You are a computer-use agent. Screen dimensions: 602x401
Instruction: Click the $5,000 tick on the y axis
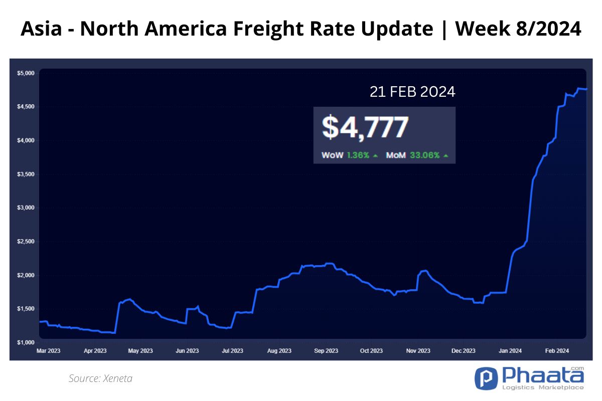coord(26,73)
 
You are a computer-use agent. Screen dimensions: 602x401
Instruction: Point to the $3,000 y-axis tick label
coord(26,208)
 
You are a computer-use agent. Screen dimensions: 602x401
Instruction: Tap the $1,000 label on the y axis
coord(26,342)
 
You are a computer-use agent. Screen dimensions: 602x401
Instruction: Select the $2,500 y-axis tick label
coord(26,242)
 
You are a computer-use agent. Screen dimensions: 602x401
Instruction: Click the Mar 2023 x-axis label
coord(48,351)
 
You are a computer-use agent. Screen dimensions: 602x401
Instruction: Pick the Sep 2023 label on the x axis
coord(326,351)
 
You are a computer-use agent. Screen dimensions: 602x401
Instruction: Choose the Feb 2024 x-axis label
coord(557,351)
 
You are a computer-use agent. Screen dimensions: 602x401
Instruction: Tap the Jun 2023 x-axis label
coord(187,351)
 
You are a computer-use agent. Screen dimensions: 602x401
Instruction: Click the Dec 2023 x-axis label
coord(464,351)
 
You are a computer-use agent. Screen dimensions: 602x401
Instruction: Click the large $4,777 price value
coord(365,127)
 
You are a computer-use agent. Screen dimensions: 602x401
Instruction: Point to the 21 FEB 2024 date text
coord(412,92)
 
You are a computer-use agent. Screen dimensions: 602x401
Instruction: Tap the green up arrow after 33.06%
coord(446,155)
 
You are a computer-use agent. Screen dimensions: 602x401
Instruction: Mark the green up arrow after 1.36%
coord(375,155)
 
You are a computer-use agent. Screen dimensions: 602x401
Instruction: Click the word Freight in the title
coord(269,29)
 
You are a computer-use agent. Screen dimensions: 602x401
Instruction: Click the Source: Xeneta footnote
coord(100,378)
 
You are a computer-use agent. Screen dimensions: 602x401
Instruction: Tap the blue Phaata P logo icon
coord(486,378)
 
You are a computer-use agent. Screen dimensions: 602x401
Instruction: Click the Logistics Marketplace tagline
coord(543,387)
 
